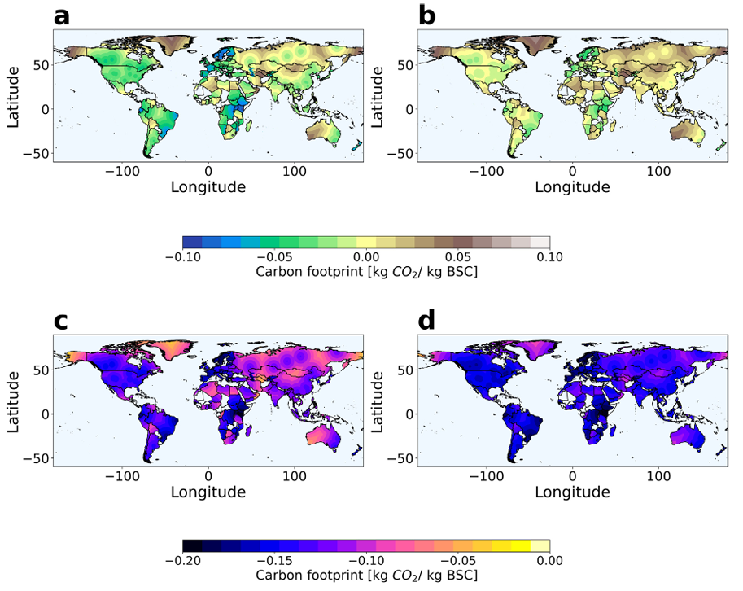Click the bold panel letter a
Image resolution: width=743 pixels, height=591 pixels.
click(x=62, y=17)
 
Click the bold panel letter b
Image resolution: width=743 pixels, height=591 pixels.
click(x=427, y=16)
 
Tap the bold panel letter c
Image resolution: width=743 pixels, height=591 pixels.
click(x=61, y=322)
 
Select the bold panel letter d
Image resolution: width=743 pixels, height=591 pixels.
click(x=427, y=321)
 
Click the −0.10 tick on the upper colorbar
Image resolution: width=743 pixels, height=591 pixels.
click(x=183, y=257)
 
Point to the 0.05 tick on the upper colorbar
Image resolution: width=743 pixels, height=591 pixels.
click(x=458, y=257)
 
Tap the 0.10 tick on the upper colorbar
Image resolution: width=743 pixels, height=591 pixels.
click(x=549, y=257)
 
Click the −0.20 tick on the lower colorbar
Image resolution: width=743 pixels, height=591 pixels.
click(x=183, y=561)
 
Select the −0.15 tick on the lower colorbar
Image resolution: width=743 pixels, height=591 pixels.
click(x=275, y=561)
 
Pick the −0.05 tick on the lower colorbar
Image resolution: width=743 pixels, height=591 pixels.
click(x=458, y=561)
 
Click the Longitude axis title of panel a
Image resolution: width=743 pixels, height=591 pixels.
click(x=208, y=187)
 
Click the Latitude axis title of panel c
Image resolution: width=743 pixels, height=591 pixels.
click(x=13, y=401)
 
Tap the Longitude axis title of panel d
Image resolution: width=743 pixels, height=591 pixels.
click(x=572, y=492)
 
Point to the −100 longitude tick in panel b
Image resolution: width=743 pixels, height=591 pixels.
click(x=487, y=171)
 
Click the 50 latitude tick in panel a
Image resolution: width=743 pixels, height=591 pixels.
click(x=42, y=65)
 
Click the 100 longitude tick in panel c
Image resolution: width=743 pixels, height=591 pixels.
click(x=295, y=476)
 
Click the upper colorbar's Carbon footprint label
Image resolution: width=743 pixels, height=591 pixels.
click(x=367, y=272)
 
